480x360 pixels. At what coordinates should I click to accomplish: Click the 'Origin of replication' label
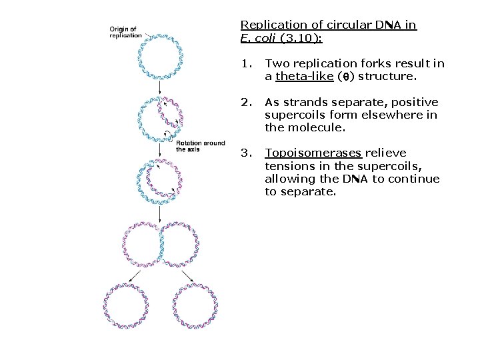coord(126,32)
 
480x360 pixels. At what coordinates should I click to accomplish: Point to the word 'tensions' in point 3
coord(288,166)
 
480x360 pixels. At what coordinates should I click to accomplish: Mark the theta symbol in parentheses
coord(345,77)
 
